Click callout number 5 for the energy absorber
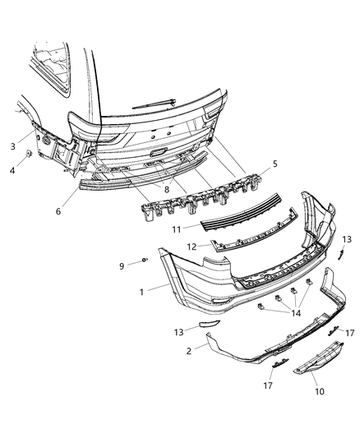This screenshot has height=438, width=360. point(275,164)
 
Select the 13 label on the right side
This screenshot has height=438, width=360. point(345,239)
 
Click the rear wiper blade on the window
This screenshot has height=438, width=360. point(155,102)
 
